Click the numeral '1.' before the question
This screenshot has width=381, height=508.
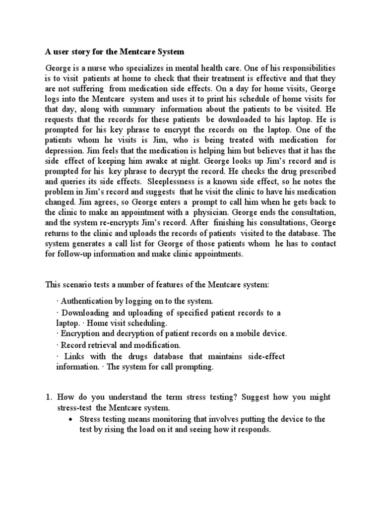coord(49,397)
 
